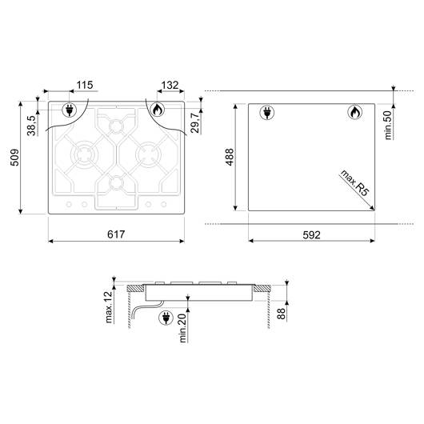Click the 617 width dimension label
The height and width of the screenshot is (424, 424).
point(116,234)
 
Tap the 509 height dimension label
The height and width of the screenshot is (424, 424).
point(14,157)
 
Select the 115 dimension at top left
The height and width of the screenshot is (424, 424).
point(85,85)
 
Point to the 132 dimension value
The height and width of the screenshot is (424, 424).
point(170,85)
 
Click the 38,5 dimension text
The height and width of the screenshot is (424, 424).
point(31,126)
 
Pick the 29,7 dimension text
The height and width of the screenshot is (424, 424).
point(194,122)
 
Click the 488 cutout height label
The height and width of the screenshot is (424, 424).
point(230,157)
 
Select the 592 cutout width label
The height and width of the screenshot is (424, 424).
point(311,234)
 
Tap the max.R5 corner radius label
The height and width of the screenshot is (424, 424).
point(354,182)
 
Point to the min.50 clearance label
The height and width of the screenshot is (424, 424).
point(388,125)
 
